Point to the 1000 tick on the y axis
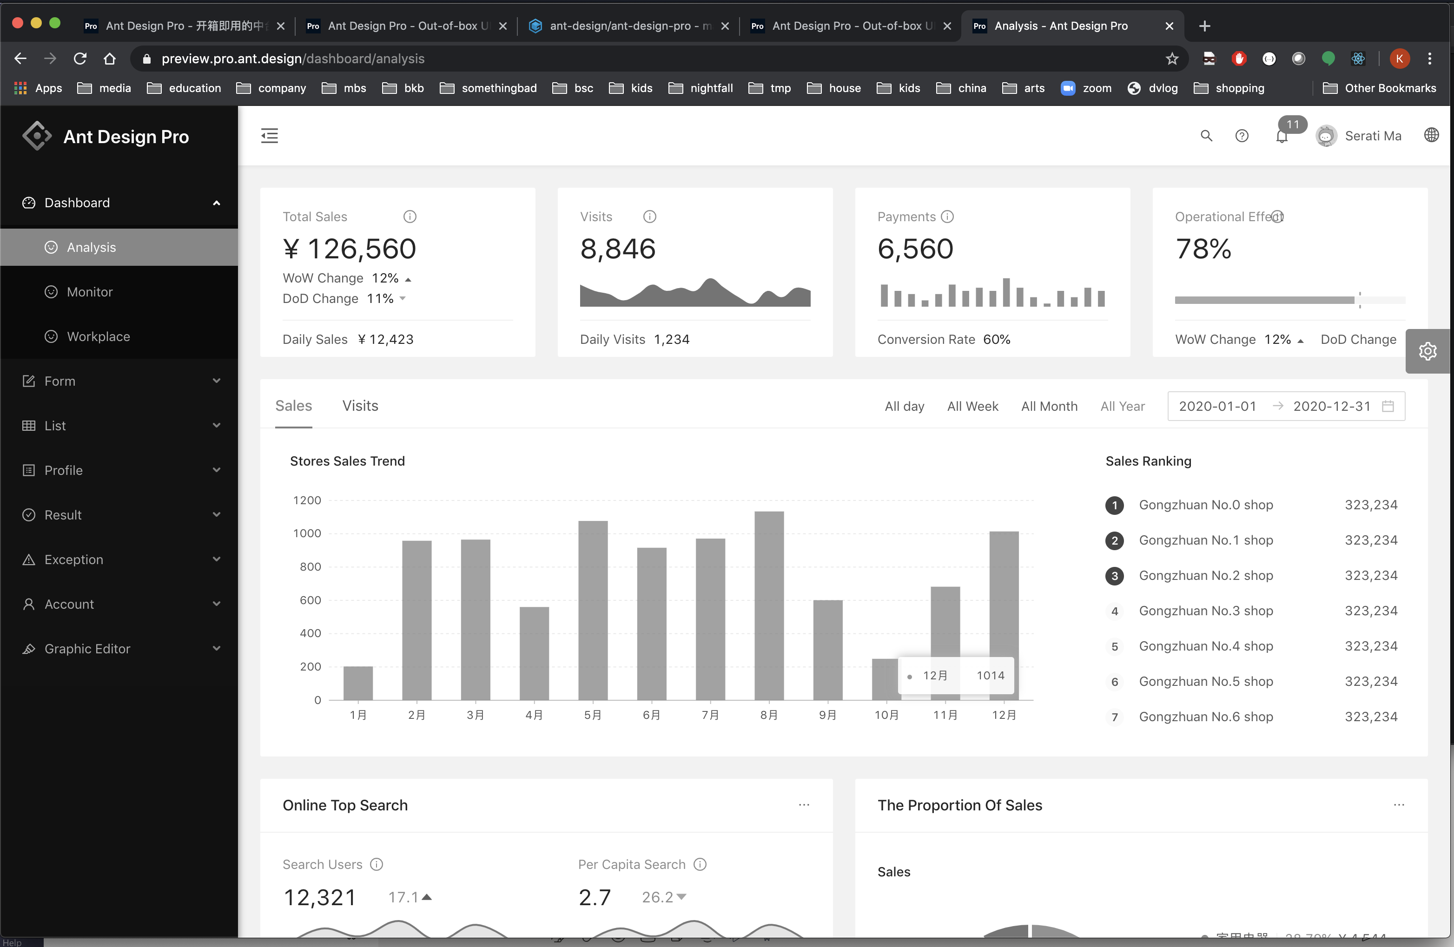307,533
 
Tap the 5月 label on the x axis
592,715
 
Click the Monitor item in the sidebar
90,292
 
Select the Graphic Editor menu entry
87,648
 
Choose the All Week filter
972,406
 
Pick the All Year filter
1122,406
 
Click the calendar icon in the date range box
1388,406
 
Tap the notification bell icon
1282,137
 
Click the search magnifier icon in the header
1206,136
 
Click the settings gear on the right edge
1428,351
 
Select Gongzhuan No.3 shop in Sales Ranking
1205,611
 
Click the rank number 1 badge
1114,505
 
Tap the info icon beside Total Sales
410,217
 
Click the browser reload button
80,59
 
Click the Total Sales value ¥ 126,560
350,249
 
